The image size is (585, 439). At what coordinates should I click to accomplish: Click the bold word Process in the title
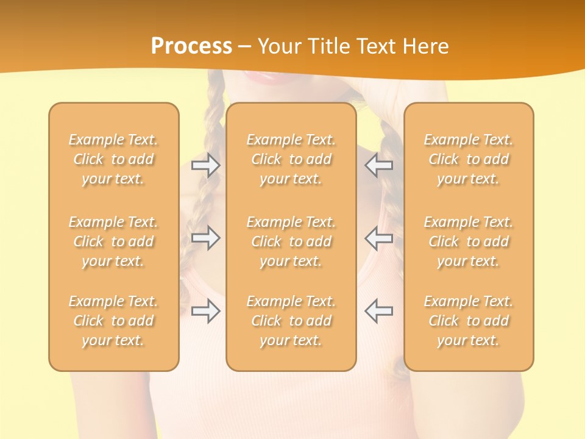191,46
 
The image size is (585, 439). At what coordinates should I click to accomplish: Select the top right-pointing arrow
205,165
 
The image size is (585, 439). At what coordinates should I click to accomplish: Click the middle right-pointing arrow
205,238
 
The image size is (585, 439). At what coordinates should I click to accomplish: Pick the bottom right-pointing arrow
205,311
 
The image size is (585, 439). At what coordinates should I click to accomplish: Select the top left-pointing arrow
379,165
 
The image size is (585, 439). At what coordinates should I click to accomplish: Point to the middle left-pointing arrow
379,238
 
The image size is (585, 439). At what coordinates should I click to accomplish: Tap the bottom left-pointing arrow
379,311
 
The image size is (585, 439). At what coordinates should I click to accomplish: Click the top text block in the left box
113,159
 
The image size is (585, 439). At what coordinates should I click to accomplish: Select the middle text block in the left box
113,241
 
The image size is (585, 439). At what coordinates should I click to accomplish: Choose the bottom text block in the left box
113,321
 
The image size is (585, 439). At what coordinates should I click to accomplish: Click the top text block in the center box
291,159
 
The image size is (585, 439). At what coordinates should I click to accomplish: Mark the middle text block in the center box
291,241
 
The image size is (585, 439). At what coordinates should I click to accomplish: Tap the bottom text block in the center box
291,321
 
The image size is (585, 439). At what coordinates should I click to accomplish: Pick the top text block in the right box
468,159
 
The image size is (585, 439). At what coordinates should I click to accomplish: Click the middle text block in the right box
468,241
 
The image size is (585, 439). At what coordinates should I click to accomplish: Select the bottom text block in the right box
468,321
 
